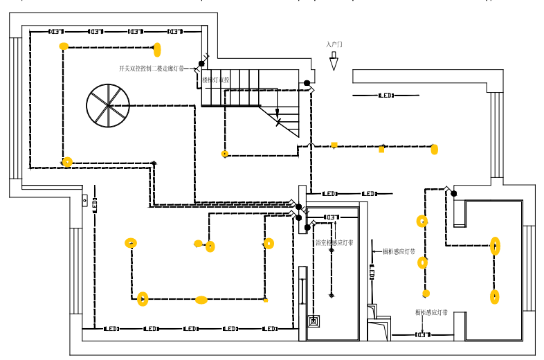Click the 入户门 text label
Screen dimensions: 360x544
coord(334,44)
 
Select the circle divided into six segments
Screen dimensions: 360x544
coord(108,105)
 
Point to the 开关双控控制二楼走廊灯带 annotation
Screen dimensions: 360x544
coord(152,69)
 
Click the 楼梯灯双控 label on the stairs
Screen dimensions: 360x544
coord(217,80)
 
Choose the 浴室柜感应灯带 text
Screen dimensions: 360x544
coord(334,243)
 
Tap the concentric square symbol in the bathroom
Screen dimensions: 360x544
coord(314,321)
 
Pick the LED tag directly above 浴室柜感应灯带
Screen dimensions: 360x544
coord(332,217)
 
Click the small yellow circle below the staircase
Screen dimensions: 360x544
coord(224,154)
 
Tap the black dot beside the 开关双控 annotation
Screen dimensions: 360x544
coord(201,64)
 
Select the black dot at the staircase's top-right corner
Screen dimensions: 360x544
coord(307,83)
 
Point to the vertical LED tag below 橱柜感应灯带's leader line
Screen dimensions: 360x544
coord(372,273)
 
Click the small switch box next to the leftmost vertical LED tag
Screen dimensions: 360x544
coord(85,201)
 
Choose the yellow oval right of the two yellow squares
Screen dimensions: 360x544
coord(434,149)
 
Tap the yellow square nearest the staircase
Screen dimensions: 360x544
coord(334,145)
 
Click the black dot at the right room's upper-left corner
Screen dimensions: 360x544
coord(454,193)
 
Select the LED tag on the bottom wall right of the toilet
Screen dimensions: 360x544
coord(422,335)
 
